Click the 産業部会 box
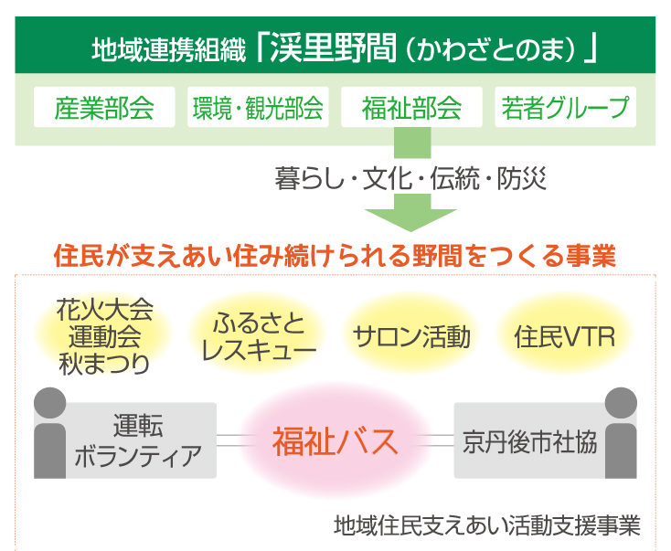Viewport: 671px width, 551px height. (x=104, y=107)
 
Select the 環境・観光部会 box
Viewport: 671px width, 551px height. (x=258, y=107)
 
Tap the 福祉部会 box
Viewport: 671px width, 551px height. (x=411, y=107)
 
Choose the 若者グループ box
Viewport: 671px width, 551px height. (x=565, y=107)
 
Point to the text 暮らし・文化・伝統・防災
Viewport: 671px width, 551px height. (x=410, y=178)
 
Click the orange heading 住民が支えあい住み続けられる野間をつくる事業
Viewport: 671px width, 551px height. (x=335, y=256)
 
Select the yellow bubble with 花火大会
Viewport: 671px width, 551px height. (x=104, y=336)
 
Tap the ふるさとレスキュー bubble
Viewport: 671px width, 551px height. (x=258, y=336)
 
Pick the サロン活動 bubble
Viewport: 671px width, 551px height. (x=411, y=336)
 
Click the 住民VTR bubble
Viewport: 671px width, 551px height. (x=565, y=336)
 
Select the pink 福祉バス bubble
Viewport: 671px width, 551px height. (x=335, y=440)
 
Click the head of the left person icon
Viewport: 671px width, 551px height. (x=50, y=403)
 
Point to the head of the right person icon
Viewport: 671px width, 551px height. (x=621, y=403)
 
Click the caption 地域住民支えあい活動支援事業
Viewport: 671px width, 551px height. (x=487, y=525)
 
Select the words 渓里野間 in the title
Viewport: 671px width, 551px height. (x=334, y=48)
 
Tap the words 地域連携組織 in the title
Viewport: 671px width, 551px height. (x=169, y=49)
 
